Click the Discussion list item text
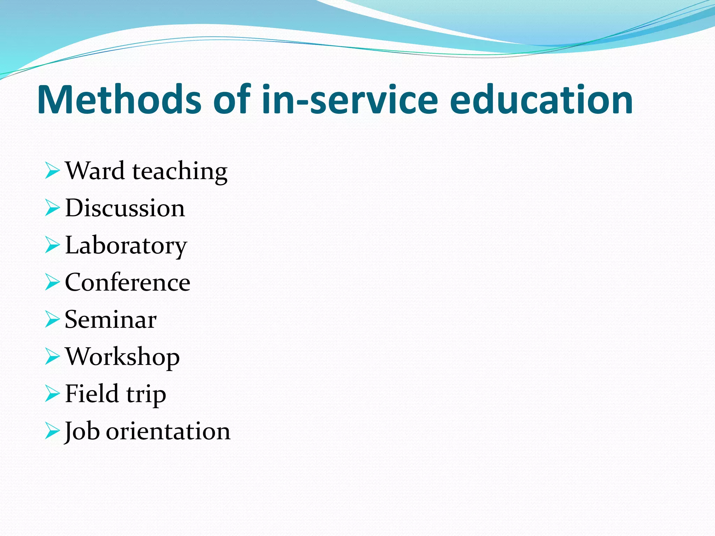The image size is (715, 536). coord(125,208)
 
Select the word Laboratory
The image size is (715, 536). coord(126,246)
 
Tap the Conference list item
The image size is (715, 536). coord(127,282)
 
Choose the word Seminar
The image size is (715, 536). coord(111,320)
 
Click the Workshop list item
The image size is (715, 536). coord(122,358)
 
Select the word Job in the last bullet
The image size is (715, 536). coord(82,432)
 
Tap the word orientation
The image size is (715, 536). coord(168,432)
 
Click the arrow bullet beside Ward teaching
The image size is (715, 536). coord(52,171)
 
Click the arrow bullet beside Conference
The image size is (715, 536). coord(52,282)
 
